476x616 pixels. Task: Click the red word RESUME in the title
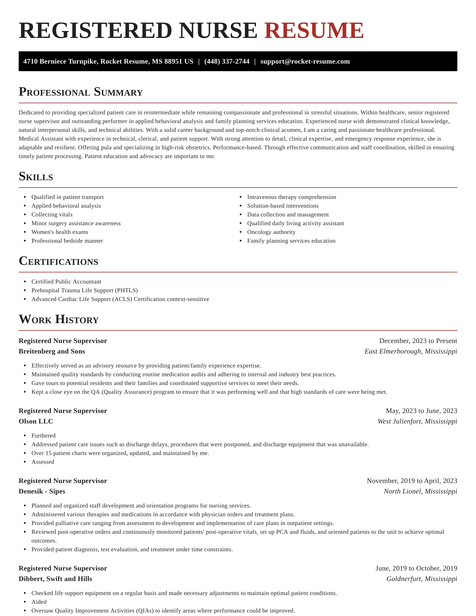[x=314, y=31]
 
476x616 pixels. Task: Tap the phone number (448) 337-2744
[x=227, y=62]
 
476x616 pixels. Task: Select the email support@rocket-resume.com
[x=305, y=62]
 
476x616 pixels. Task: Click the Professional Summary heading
[x=80, y=92]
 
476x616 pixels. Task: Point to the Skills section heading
[x=36, y=176]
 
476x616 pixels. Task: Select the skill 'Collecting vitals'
[x=52, y=215]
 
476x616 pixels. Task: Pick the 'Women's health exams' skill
[x=60, y=232]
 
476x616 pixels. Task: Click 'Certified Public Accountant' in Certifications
[x=66, y=282]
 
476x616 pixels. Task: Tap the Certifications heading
[x=58, y=261]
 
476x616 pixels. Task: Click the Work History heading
[x=59, y=319]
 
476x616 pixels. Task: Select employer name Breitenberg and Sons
[x=52, y=351]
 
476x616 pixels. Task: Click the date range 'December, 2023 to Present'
[x=418, y=341]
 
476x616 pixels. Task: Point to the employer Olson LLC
[x=36, y=421]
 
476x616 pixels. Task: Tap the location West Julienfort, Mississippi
[x=417, y=421]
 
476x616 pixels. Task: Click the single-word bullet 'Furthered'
[x=43, y=436]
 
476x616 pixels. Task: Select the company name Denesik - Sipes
[x=42, y=491]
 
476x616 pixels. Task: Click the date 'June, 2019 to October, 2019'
[x=416, y=568]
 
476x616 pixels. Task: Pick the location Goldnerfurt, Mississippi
[x=421, y=579]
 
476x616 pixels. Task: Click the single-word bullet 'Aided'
[x=39, y=602]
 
